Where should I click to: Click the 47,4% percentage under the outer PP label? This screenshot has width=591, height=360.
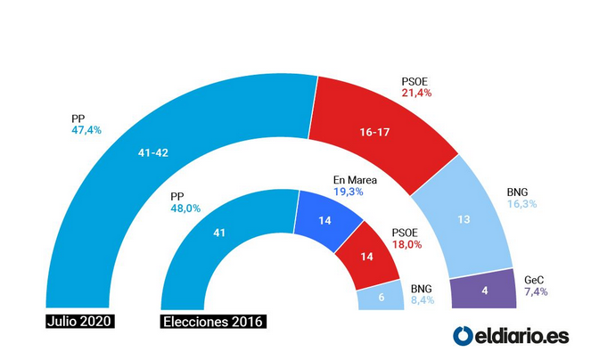click(x=86, y=130)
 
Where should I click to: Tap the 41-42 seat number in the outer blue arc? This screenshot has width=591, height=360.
click(x=152, y=152)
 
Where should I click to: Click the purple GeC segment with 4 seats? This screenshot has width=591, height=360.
click(x=483, y=290)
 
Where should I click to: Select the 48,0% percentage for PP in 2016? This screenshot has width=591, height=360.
click(x=185, y=208)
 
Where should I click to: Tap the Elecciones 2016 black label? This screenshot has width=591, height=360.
click(x=214, y=321)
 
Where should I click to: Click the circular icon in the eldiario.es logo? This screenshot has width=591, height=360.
click(x=464, y=336)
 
